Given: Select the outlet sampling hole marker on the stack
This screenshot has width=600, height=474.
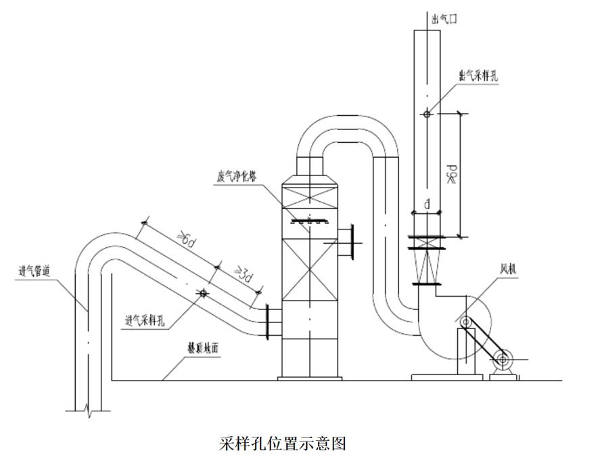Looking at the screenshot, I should click(x=426, y=114).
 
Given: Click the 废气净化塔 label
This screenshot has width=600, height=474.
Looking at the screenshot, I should click(x=237, y=176).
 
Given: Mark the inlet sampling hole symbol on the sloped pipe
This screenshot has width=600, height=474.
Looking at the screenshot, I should click(x=201, y=293).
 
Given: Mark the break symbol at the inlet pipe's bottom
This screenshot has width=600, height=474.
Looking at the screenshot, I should click(x=87, y=408).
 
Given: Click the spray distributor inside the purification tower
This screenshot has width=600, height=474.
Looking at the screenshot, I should click(x=308, y=220).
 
